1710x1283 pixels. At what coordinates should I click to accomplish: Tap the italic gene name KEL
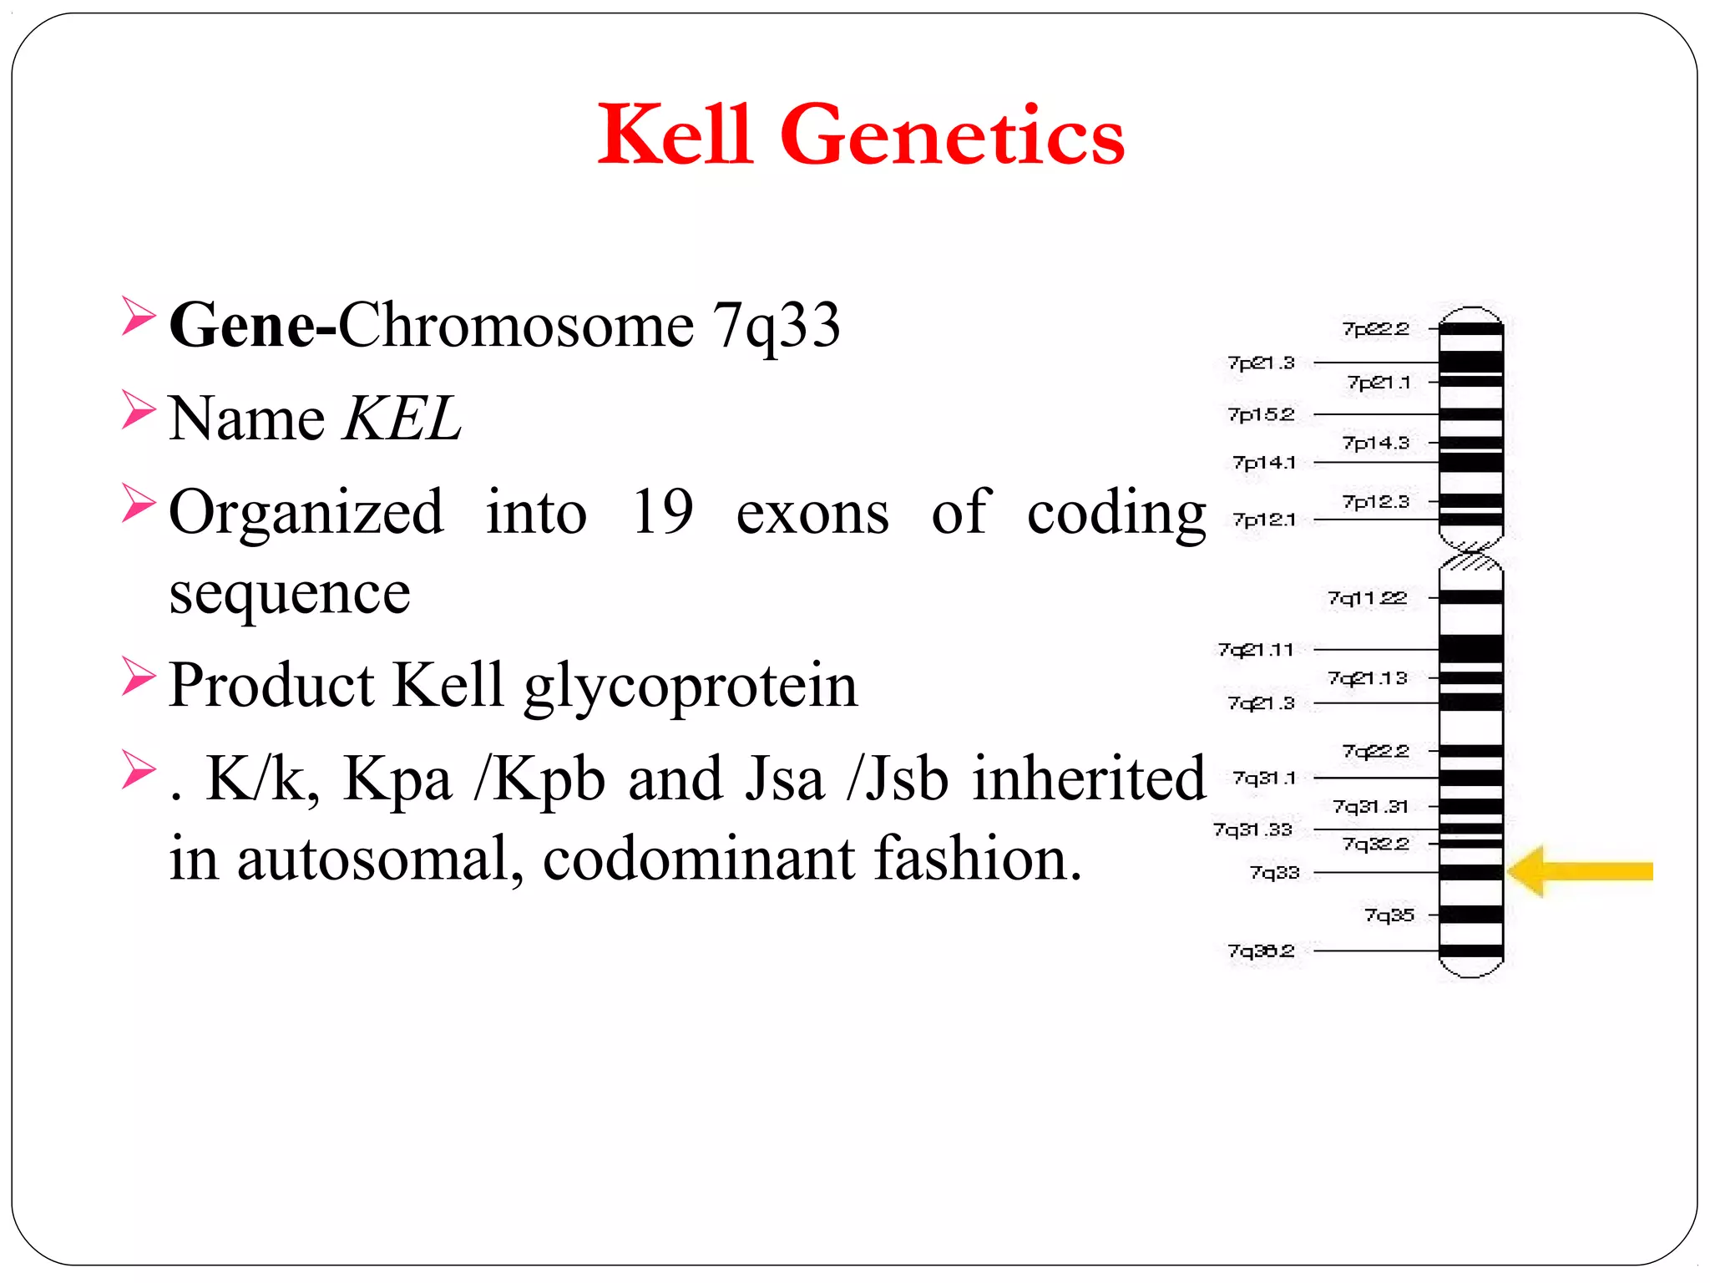pyautogui.click(x=402, y=418)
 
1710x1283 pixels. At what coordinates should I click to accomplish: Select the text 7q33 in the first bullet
pyautogui.click(x=776, y=325)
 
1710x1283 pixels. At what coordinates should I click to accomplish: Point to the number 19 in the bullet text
pyautogui.click(x=662, y=511)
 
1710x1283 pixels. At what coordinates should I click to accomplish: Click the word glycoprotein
pyautogui.click(x=691, y=686)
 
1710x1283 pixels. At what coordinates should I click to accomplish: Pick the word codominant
pyautogui.click(x=699, y=858)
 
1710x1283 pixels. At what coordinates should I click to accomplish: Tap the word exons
pyautogui.click(x=812, y=512)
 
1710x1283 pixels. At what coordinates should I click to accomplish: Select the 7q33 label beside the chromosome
pyautogui.click(x=1274, y=873)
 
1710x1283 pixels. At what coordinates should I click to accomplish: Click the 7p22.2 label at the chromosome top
pyautogui.click(x=1375, y=329)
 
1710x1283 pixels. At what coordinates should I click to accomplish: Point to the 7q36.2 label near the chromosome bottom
pyautogui.click(x=1261, y=951)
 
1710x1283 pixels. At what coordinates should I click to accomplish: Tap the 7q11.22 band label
pyautogui.click(x=1367, y=598)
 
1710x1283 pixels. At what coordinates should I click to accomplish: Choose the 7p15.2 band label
pyautogui.click(x=1261, y=414)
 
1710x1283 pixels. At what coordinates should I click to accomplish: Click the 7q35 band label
pyautogui.click(x=1389, y=915)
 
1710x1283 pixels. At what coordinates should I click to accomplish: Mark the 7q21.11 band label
pyautogui.click(x=1256, y=649)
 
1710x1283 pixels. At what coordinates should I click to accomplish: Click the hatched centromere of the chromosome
pyautogui.click(x=1471, y=555)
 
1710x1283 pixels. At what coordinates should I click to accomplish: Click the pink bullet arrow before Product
pyautogui.click(x=139, y=677)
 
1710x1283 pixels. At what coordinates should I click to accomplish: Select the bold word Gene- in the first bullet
pyautogui.click(x=252, y=325)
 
